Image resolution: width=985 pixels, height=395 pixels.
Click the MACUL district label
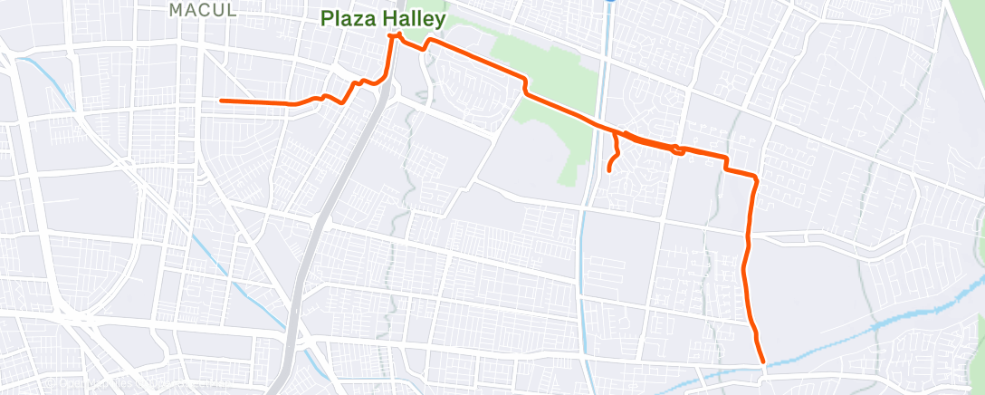[203, 10]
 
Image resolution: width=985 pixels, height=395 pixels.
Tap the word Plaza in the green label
[348, 18]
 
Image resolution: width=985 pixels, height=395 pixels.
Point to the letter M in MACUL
[177, 10]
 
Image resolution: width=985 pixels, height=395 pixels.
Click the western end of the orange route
[222, 101]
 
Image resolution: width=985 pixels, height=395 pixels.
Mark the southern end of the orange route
[763, 361]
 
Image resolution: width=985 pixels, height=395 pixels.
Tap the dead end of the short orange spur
[608, 170]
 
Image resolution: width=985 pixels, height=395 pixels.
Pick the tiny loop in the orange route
[676, 150]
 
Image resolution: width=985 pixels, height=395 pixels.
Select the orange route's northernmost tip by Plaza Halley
[395, 35]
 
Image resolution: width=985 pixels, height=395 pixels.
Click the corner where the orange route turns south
[753, 175]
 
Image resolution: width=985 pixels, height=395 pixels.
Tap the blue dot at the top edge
[610, 1]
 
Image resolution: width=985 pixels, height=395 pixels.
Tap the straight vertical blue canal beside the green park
[584, 272]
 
